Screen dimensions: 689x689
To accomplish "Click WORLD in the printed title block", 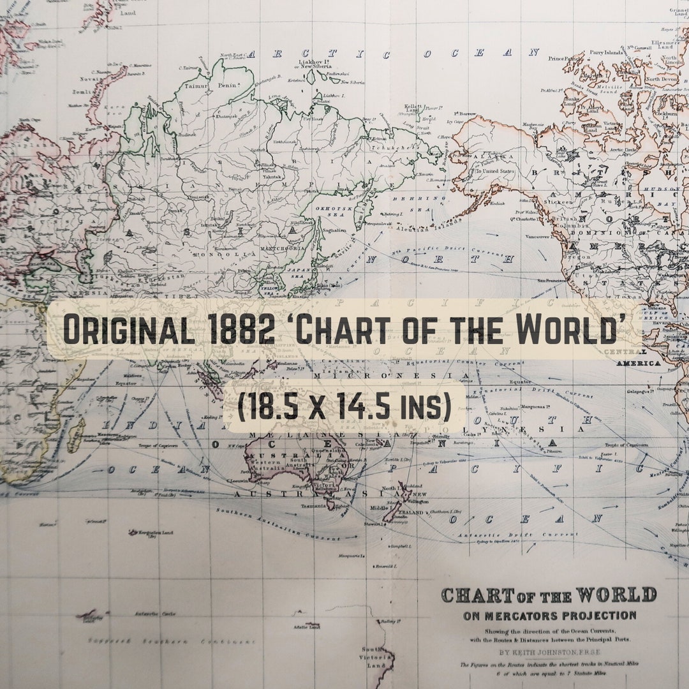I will click(x=616, y=596).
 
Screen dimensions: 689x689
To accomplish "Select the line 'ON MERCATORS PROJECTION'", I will click(x=549, y=616).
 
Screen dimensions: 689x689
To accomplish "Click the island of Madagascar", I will click(x=77, y=435).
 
